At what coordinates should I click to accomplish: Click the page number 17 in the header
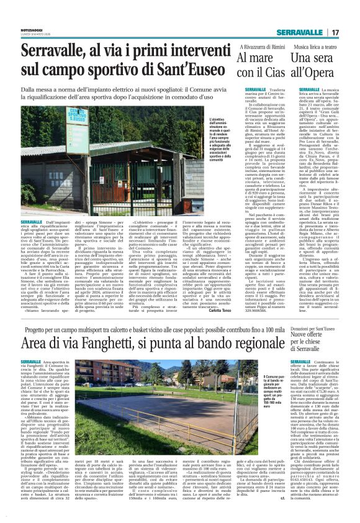(336, 32)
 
